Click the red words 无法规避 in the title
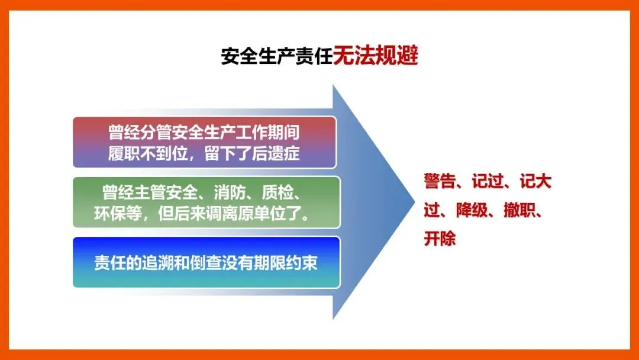click(x=375, y=56)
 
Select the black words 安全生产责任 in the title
click(x=277, y=56)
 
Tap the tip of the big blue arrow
click(x=414, y=202)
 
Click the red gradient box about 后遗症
click(x=205, y=142)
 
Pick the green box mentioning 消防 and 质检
click(x=206, y=202)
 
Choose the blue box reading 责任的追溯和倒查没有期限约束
click(x=206, y=262)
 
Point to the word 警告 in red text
click(x=439, y=181)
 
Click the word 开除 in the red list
click(x=439, y=239)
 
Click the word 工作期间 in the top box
click(x=268, y=132)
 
